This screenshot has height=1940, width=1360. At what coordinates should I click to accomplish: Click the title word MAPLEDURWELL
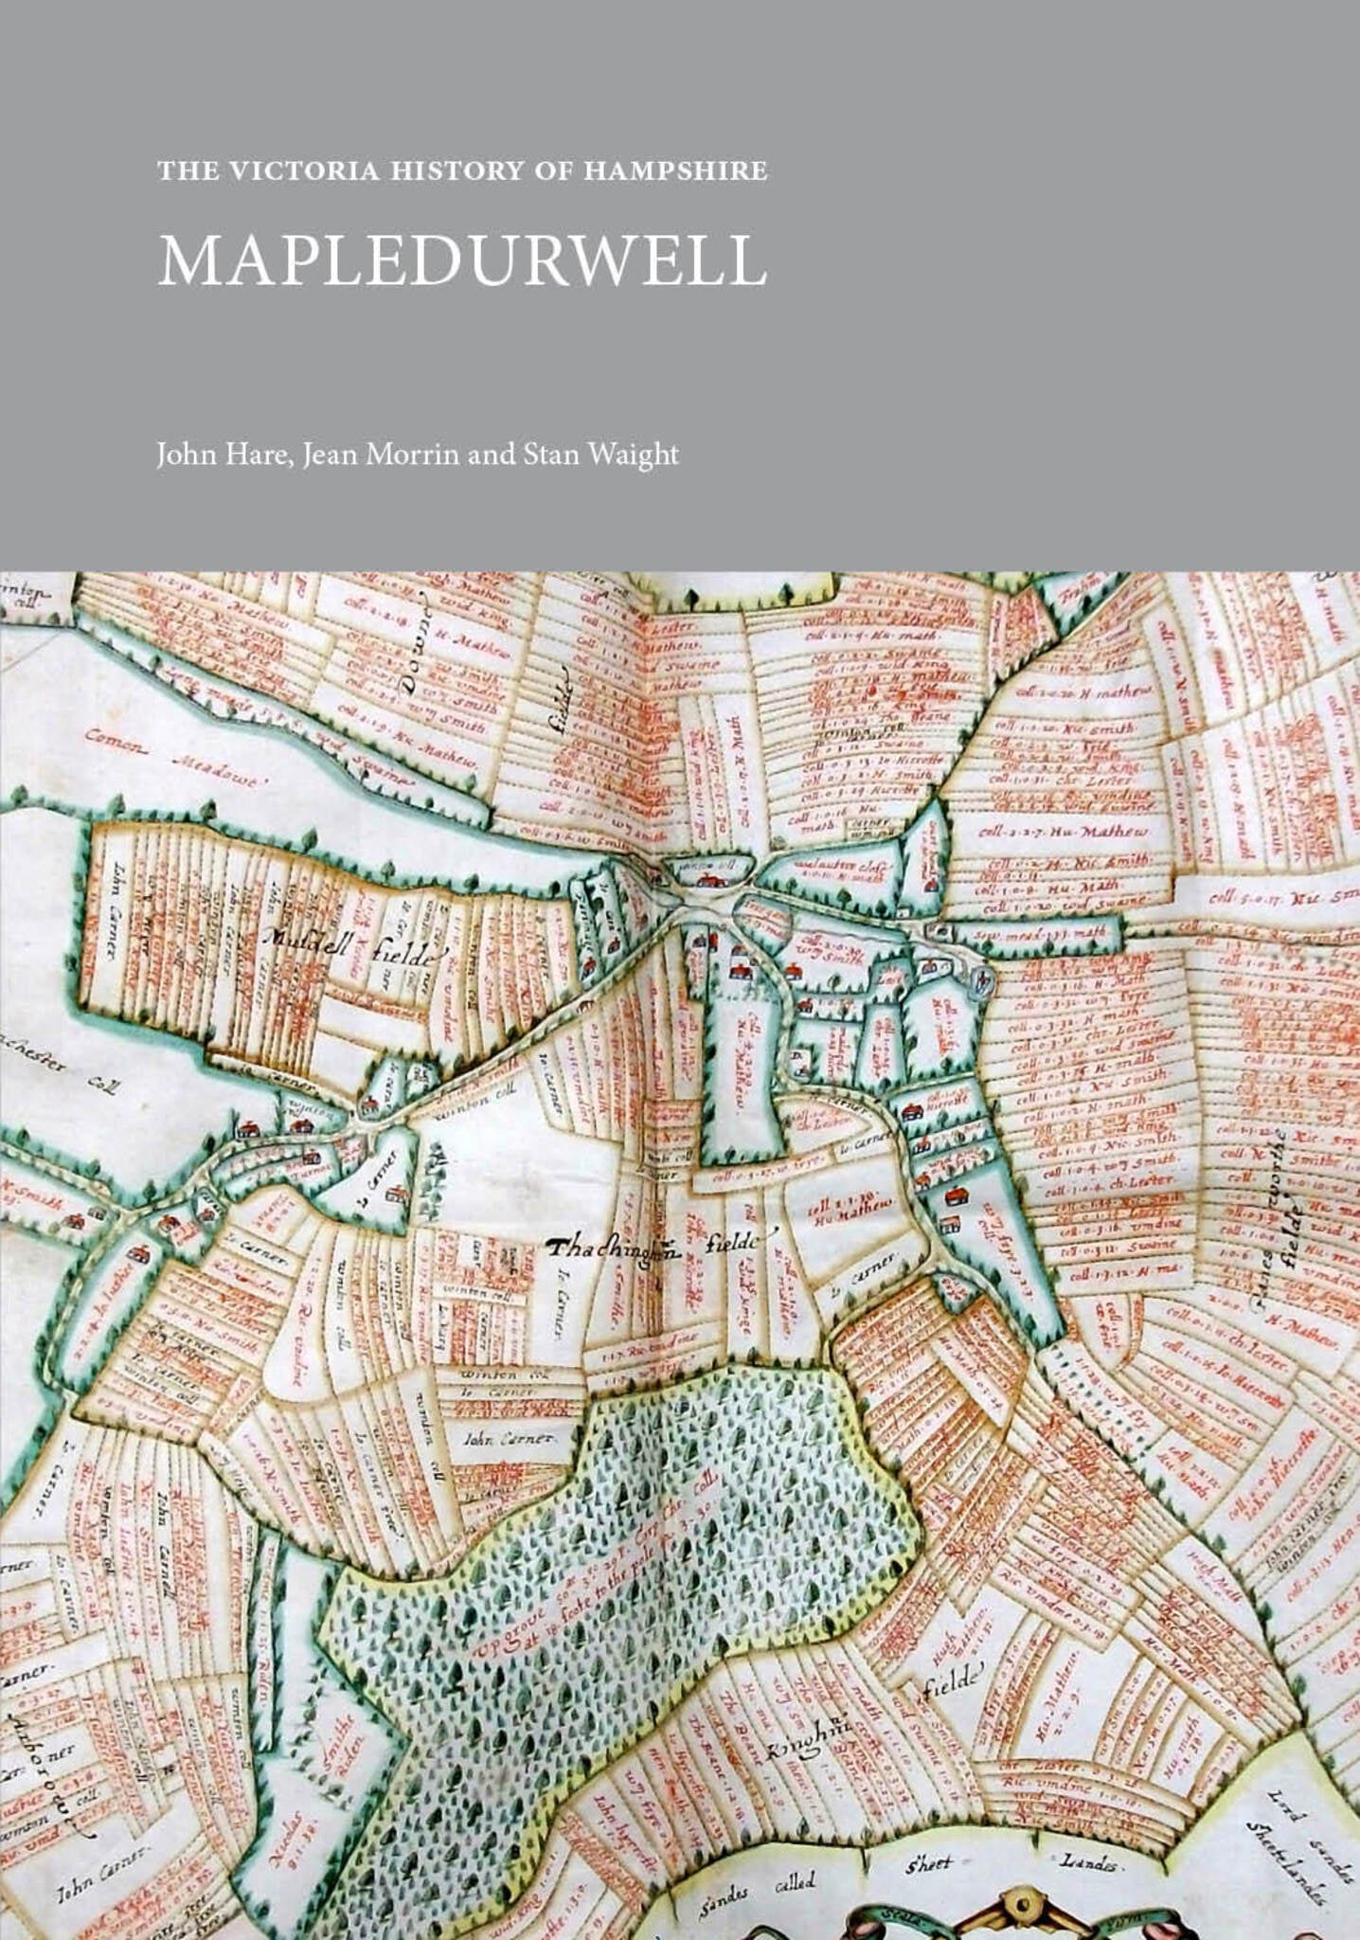(x=461, y=260)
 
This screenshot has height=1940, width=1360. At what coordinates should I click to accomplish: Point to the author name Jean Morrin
(x=384, y=455)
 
